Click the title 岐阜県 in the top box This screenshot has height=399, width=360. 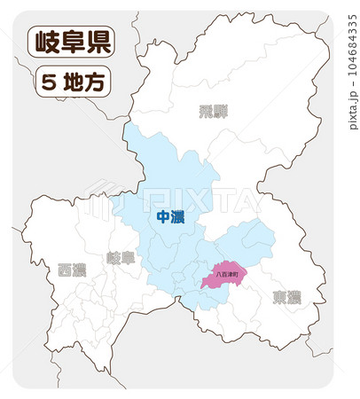(70, 42)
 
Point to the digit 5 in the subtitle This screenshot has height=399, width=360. (50, 82)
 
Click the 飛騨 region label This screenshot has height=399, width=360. (212, 112)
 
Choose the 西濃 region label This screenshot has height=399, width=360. (72, 270)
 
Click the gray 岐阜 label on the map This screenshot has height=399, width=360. (121, 258)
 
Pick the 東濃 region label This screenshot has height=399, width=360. (286, 297)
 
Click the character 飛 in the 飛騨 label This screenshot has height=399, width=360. (205, 112)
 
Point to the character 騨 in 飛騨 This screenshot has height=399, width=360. (219, 112)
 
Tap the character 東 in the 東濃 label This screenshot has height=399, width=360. (279, 297)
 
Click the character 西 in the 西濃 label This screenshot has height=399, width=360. (65, 270)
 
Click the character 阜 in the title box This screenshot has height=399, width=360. (70, 42)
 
